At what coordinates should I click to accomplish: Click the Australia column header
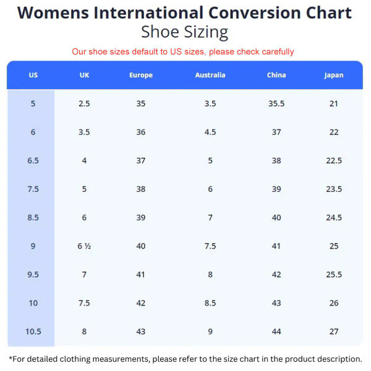[x=210, y=75]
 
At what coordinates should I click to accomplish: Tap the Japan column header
[x=334, y=75]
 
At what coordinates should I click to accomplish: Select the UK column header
[x=85, y=75]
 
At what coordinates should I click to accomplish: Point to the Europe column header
[x=141, y=75]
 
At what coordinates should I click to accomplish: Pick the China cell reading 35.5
[x=276, y=104]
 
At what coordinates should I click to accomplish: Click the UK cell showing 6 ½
[x=85, y=246]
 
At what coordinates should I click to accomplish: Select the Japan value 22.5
[x=334, y=161]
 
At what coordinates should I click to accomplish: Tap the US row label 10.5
[x=33, y=331]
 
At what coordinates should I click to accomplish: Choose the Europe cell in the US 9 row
[x=141, y=246]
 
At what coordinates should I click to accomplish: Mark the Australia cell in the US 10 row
[x=210, y=303]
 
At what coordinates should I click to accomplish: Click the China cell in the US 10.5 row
[x=276, y=331]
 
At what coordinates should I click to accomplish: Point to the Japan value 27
[x=334, y=331]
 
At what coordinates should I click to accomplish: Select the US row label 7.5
[x=33, y=189]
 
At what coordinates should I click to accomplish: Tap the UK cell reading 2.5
[x=85, y=104]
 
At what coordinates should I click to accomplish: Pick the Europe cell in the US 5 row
[x=141, y=104]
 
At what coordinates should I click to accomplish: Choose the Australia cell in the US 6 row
[x=210, y=132]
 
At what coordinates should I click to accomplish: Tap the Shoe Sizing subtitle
[x=185, y=32]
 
